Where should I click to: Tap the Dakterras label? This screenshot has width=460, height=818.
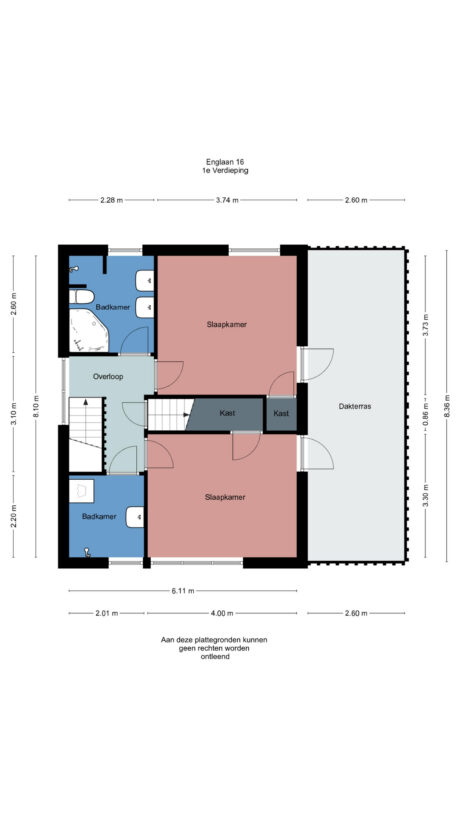(355, 408)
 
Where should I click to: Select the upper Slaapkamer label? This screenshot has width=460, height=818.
(226, 324)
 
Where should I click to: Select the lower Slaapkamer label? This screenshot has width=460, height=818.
(224, 496)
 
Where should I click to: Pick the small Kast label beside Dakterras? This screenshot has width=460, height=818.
(281, 413)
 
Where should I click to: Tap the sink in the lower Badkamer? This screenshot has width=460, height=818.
(136, 516)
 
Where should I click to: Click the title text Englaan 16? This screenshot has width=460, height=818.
(224, 162)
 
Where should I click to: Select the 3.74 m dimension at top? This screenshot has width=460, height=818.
(227, 200)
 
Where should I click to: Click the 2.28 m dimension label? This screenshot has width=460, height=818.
(111, 200)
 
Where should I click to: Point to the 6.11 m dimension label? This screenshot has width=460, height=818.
(182, 590)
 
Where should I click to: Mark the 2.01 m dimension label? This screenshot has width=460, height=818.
(108, 613)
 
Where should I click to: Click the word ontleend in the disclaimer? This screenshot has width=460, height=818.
(214, 656)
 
